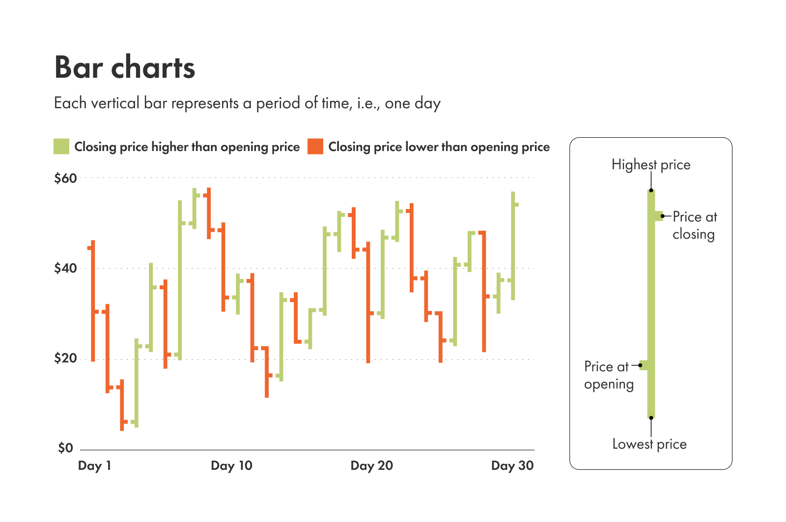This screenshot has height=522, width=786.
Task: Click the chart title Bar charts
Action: [125, 67]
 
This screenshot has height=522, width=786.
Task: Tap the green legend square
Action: [61, 147]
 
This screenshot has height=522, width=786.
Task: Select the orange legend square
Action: [315, 147]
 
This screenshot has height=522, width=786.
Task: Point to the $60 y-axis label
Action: [66, 178]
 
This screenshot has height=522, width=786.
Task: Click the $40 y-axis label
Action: [66, 268]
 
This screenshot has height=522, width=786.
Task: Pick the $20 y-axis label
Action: [66, 358]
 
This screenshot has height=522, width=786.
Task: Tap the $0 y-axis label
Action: [66, 448]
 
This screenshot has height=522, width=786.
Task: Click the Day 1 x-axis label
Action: [95, 465]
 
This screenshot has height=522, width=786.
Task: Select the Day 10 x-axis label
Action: [231, 465]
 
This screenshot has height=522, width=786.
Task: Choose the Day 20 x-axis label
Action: [372, 465]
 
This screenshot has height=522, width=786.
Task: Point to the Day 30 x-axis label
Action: [512, 465]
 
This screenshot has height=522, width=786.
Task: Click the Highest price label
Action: [651, 165]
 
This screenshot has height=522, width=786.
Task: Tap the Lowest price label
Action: [649, 444]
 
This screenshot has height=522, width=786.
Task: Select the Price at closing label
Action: [694, 225]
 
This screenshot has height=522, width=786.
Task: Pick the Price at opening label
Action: [608, 375]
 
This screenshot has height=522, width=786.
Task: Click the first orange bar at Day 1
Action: [93, 300]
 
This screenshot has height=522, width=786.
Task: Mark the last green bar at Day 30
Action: [513, 246]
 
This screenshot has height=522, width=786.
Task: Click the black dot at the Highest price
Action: [651, 190]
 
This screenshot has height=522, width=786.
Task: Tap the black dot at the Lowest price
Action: [651, 418]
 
